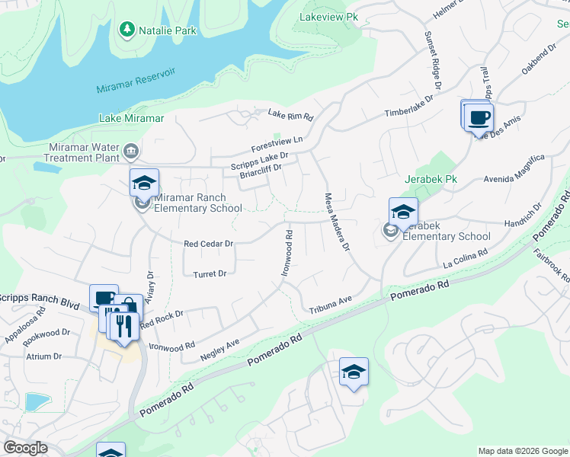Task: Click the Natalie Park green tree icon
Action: pyautogui.click(x=126, y=30)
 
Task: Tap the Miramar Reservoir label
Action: pyautogui.click(x=136, y=80)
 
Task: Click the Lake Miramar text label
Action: pyautogui.click(x=131, y=118)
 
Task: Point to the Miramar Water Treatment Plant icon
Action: pyautogui.click(x=131, y=152)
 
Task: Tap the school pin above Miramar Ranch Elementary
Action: pyautogui.click(x=144, y=184)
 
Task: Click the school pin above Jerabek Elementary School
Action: pyautogui.click(x=403, y=213)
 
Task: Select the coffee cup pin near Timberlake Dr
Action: pyautogui.click(x=479, y=118)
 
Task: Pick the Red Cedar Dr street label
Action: pyautogui.click(x=208, y=244)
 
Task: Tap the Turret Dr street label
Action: pyautogui.click(x=210, y=273)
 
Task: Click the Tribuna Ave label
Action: pyautogui.click(x=331, y=305)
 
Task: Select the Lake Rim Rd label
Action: pyautogui.click(x=290, y=115)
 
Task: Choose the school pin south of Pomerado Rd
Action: pyautogui.click(x=354, y=372)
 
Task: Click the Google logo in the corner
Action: pyautogui.click(x=25, y=448)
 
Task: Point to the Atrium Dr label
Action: pyautogui.click(x=43, y=356)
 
